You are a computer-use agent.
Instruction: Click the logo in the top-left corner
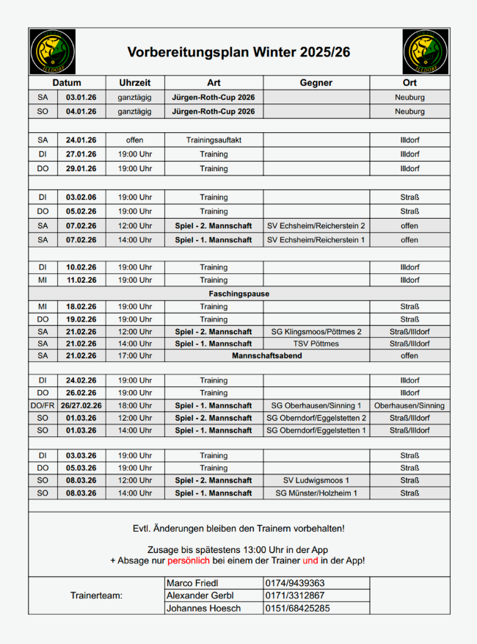point(52,51)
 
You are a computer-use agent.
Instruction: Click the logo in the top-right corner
point(425,51)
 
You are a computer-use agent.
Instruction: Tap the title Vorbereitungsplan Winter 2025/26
point(238,52)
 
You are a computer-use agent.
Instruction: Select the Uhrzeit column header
point(135,83)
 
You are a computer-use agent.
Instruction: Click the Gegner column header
point(316,83)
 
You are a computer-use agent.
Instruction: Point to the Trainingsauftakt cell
point(214,140)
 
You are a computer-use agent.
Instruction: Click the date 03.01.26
point(81,97)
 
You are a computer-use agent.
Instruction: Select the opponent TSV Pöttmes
point(316,344)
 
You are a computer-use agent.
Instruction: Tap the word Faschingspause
point(238,294)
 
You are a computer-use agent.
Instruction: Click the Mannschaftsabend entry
point(267,355)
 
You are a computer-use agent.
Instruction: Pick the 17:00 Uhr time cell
point(135,355)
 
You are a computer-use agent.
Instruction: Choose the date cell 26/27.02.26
point(81,405)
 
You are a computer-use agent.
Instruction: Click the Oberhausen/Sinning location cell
point(409,405)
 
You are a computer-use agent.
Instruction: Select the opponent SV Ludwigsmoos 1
point(316,480)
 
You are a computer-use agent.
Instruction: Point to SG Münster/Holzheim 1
point(316,493)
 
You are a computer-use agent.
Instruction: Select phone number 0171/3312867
point(296,596)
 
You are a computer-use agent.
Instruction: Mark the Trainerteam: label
point(96,596)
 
